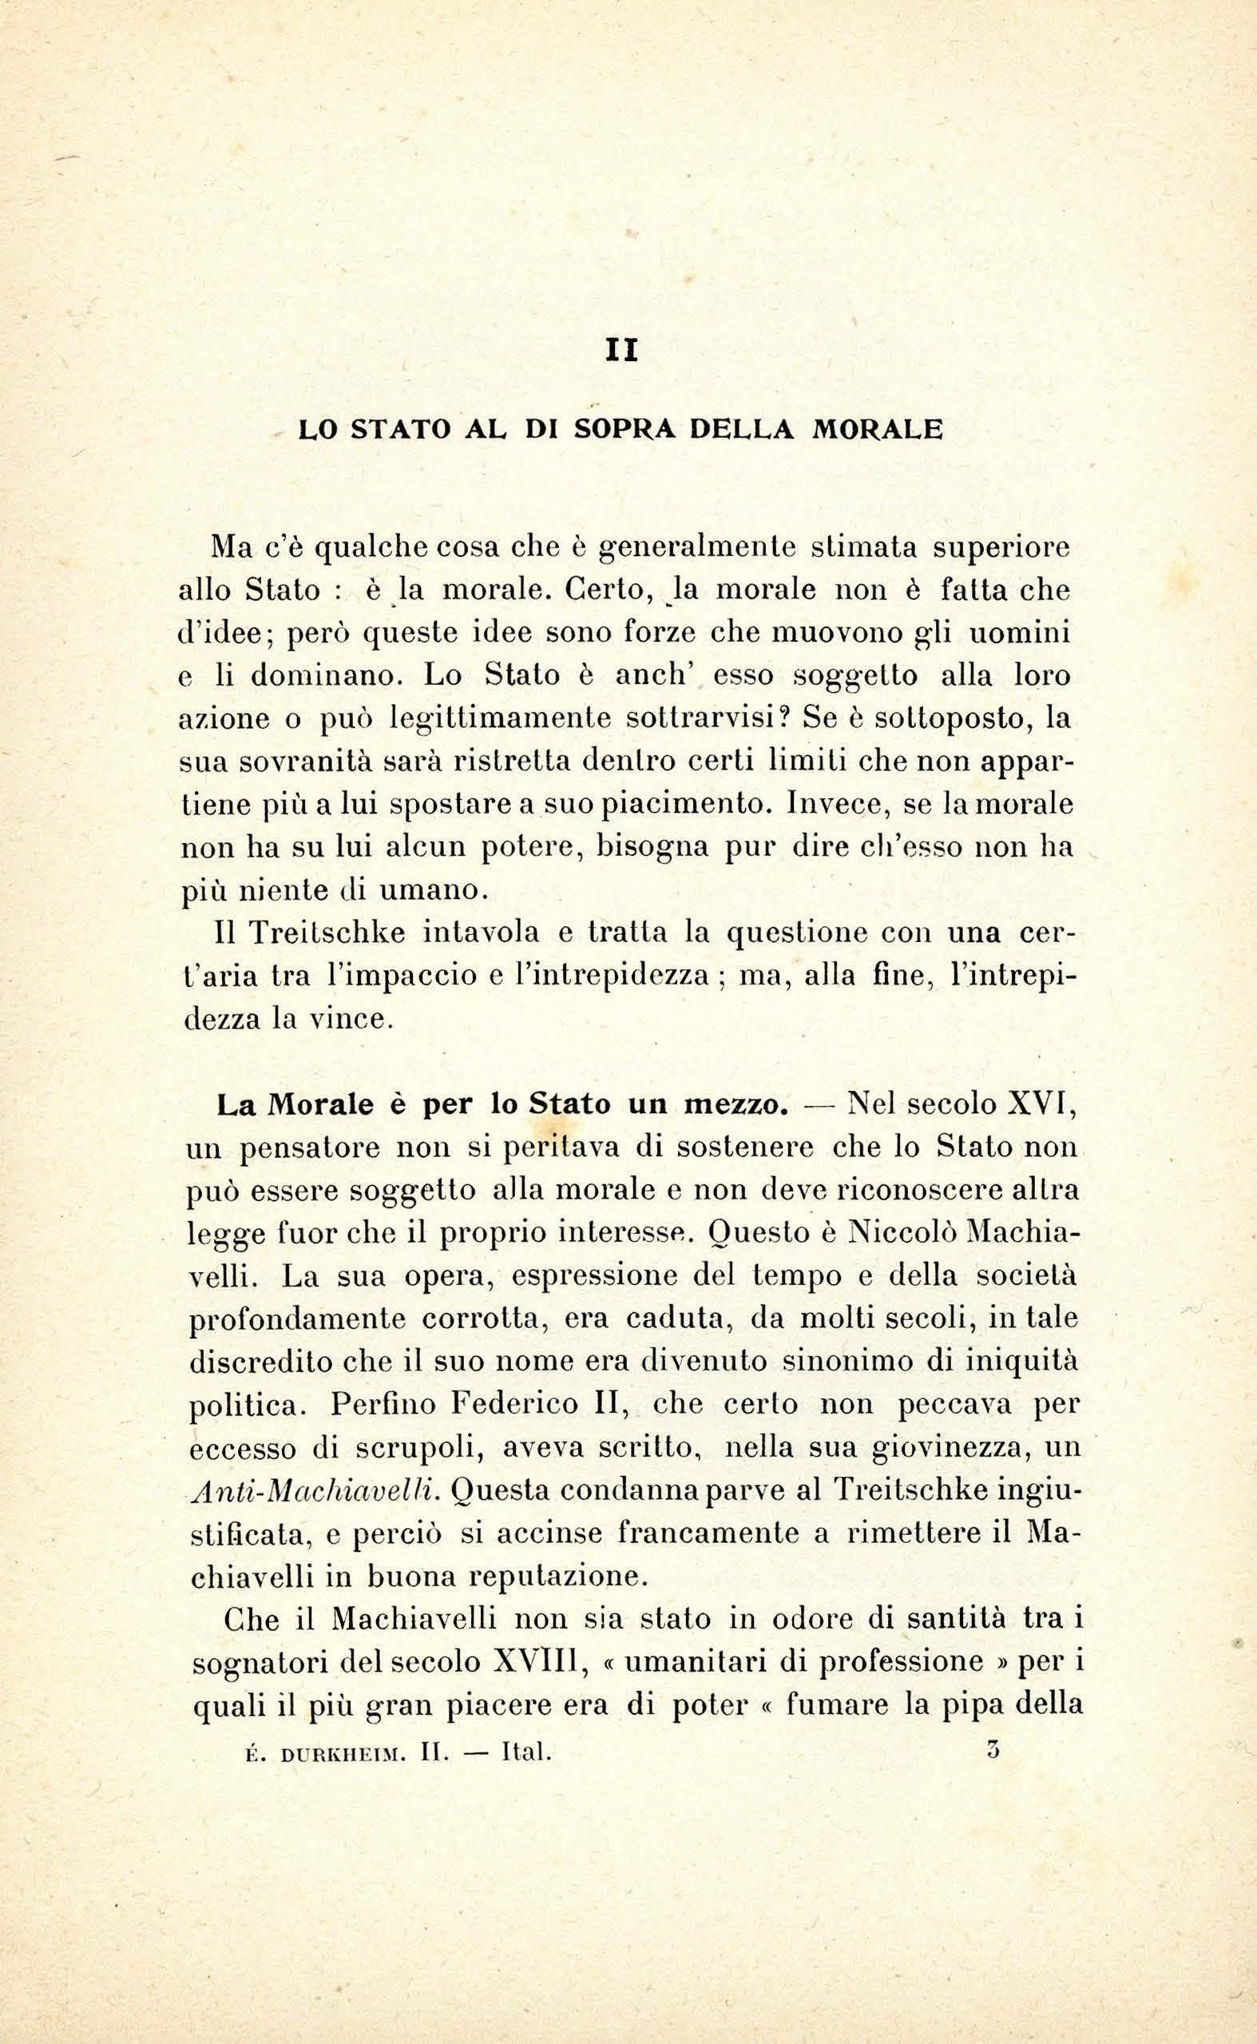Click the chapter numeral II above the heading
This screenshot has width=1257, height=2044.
point(622,352)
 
